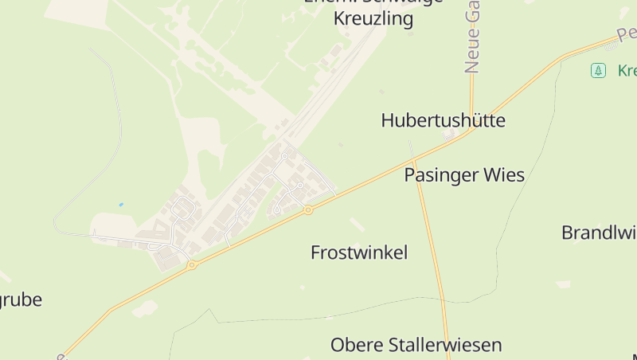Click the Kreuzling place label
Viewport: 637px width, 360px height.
tap(373, 18)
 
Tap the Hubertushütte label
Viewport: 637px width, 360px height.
tap(443, 120)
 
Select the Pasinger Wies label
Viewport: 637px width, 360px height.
tap(464, 174)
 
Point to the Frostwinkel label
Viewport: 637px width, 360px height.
tap(358, 252)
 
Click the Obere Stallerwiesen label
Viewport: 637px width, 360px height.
tap(416, 345)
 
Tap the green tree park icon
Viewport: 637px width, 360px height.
tap(598, 71)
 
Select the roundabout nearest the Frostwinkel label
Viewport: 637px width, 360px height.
tap(308, 210)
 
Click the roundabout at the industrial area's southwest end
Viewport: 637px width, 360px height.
tap(192, 264)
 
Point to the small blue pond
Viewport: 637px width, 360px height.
tap(121, 205)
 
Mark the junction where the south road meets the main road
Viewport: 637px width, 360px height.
tap(414, 161)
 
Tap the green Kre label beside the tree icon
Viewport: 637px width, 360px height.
tap(627, 71)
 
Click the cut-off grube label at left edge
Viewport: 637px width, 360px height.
tap(21, 299)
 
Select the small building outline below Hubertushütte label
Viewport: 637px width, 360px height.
tap(450, 135)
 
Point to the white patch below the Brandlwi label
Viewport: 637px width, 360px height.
tap(563, 284)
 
